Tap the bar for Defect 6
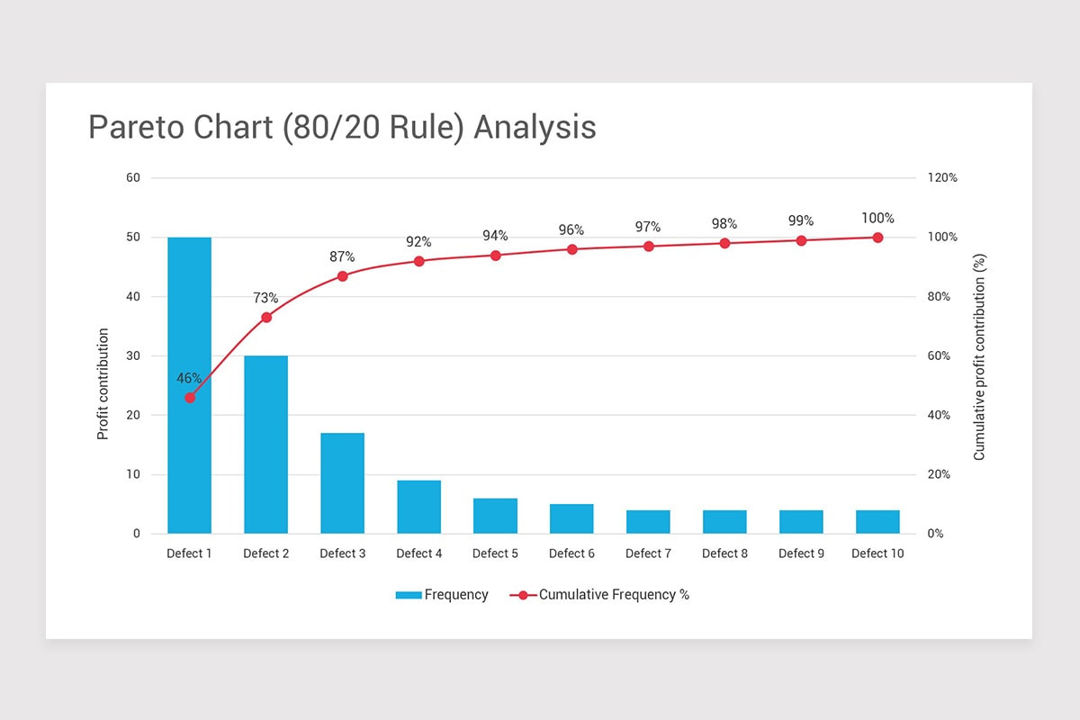pyautogui.click(x=571, y=519)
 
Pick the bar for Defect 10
pyautogui.click(x=877, y=522)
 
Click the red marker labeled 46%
pyautogui.click(x=189, y=398)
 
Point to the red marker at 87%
pyautogui.click(x=342, y=275)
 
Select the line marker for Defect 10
pyautogui.click(x=877, y=238)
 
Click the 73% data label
pyautogui.click(x=265, y=298)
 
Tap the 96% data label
pyautogui.click(x=571, y=229)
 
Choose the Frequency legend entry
pyautogui.click(x=442, y=595)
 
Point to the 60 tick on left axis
pyautogui.click(x=133, y=178)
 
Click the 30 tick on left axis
pyautogui.click(x=133, y=356)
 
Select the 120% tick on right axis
pyautogui.click(x=942, y=178)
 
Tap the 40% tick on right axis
pyautogui.click(x=939, y=416)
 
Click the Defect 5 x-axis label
pyautogui.click(x=495, y=553)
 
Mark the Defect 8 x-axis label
pyautogui.click(x=724, y=553)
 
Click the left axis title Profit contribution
pyautogui.click(x=103, y=384)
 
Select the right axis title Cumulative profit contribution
pyautogui.click(x=979, y=356)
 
